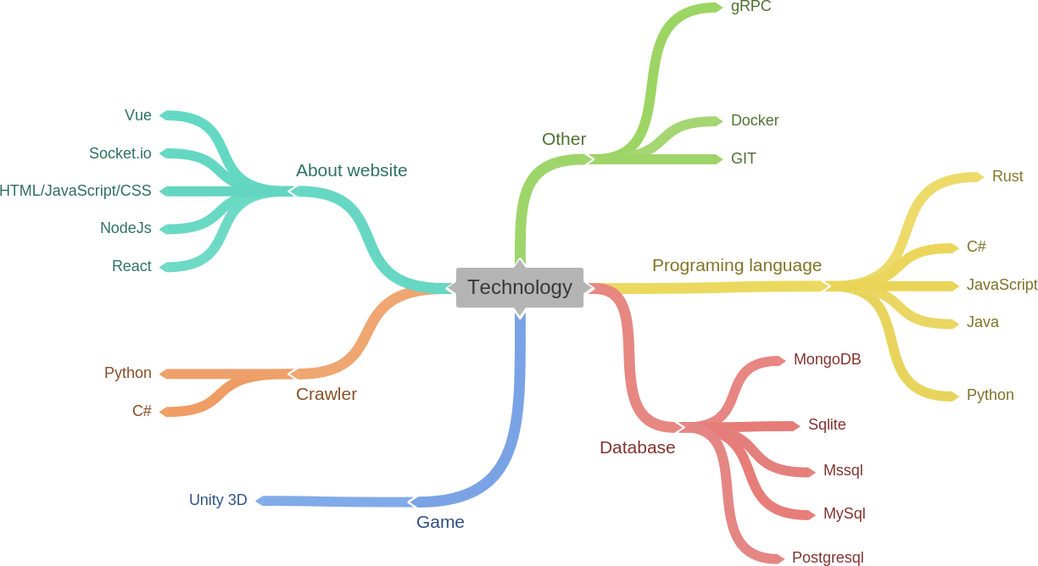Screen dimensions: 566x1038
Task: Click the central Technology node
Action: (520, 287)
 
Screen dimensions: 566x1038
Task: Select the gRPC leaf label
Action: (751, 7)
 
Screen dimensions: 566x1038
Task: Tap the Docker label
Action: (755, 120)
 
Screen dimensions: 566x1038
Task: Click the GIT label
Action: (744, 158)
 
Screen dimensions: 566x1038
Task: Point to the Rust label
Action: (1007, 176)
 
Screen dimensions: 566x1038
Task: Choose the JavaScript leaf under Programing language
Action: (1002, 285)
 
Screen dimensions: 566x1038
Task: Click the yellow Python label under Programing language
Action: (990, 395)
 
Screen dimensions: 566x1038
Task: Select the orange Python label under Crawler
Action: (128, 373)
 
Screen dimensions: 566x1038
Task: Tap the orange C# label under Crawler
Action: (142, 411)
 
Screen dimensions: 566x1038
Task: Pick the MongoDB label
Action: (827, 359)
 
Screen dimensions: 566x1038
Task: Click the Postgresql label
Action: (827, 558)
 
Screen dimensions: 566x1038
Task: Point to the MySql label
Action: (844, 513)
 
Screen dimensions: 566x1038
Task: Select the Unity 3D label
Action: (218, 500)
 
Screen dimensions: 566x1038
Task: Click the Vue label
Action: (138, 115)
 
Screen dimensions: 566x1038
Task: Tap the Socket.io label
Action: (120, 153)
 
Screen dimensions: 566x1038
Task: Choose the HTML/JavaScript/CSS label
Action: (75, 191)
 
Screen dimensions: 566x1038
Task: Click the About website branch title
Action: (351, 170)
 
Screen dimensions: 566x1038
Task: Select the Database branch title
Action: (637, 447)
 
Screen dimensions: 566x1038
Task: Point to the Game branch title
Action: (440, 522)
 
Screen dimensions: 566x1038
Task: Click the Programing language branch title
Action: (736, 265)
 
